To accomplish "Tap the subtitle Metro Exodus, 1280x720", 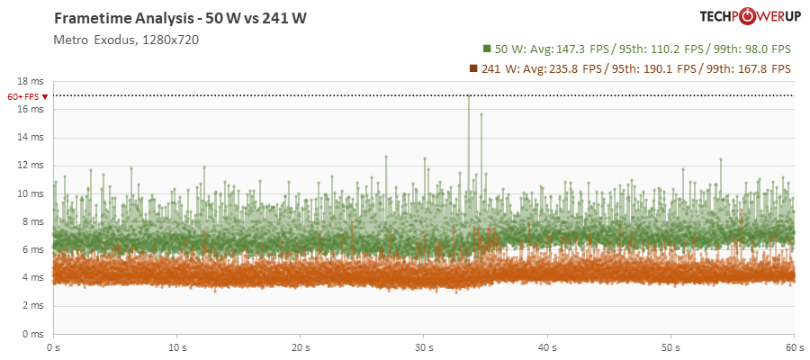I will click(x=126, y=40).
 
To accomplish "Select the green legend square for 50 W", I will click(x=486, y=49).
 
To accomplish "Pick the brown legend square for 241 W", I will click(x=472, y=68).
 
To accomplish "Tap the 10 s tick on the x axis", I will click(x=177, y=346).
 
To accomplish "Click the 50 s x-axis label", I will click(x=670, y=346).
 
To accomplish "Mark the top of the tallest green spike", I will click(x=468, y=95).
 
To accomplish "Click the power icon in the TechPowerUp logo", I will click(x=747, y=16).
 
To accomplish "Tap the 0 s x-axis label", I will click(x=54, y=346).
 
